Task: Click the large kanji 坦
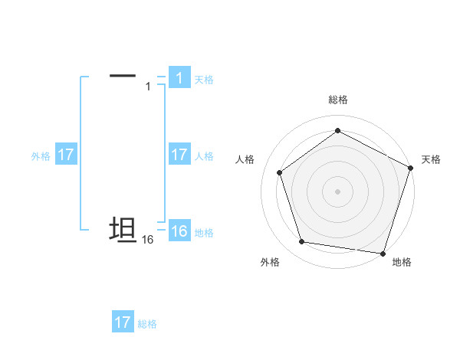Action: tap(123, 231)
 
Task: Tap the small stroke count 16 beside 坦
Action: tap(148, 240)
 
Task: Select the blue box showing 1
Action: tap(179, 78)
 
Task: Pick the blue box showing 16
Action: tap(179, 231)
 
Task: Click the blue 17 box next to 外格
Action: tap(66, 155)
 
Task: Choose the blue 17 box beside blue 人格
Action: tap(179, 155)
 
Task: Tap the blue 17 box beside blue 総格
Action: tap(123, 322)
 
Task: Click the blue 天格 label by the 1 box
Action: tap(204, 80)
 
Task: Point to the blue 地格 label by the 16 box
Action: tap(204, 233)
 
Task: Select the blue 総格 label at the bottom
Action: tap(147, 324)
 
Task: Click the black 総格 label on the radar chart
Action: tap(337, 100)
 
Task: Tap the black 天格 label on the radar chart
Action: tap(431, 159)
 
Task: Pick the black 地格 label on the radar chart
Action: tap(402, 262)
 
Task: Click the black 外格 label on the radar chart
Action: tap(270, 262)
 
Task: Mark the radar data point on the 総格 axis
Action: tap(337, 130)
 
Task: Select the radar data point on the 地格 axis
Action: tap(383, 253)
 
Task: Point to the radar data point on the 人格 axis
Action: tap(280, 172)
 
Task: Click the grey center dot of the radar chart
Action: tap(337, 191)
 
